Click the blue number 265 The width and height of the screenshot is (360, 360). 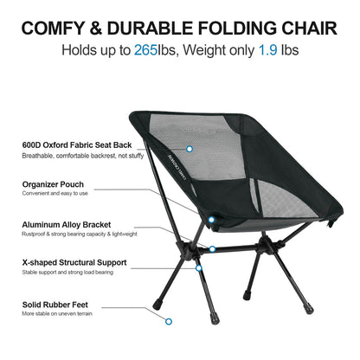(x=145, y=50)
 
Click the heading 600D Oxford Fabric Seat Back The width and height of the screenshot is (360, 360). (x=75, y=145)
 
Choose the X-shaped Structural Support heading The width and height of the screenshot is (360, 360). (x=74, y=261)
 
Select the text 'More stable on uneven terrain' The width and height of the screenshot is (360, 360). (x=56, y=315)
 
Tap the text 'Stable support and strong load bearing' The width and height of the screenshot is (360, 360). (x=67, y=272)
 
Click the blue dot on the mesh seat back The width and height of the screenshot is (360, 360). (x=190, y=149)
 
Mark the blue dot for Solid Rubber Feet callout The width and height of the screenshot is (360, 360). (x=169, y=322)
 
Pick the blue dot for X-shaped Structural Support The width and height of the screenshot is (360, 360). (x=199, y=268)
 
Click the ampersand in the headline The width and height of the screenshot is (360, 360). (x=104, y=26)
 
